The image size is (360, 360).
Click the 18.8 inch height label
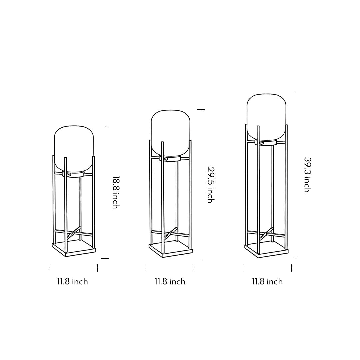tap(115, 192)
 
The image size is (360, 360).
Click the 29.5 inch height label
tap(210, 185)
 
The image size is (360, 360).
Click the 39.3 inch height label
tap(307, 175)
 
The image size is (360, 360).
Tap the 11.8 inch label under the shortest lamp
tap(72, 282)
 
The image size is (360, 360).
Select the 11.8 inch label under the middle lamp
tap(170, 282)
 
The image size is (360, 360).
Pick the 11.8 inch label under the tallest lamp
tap(267, 282)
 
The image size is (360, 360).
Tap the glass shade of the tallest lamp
tap(266, 115)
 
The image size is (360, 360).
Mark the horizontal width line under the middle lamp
tap(170, 268)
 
